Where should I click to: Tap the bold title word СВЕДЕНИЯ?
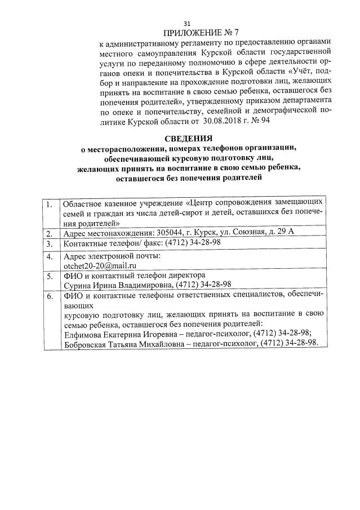pos(180,139)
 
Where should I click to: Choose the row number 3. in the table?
pos(50,243)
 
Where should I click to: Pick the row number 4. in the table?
pos(50,256)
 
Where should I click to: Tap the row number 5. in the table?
pos(50,276)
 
